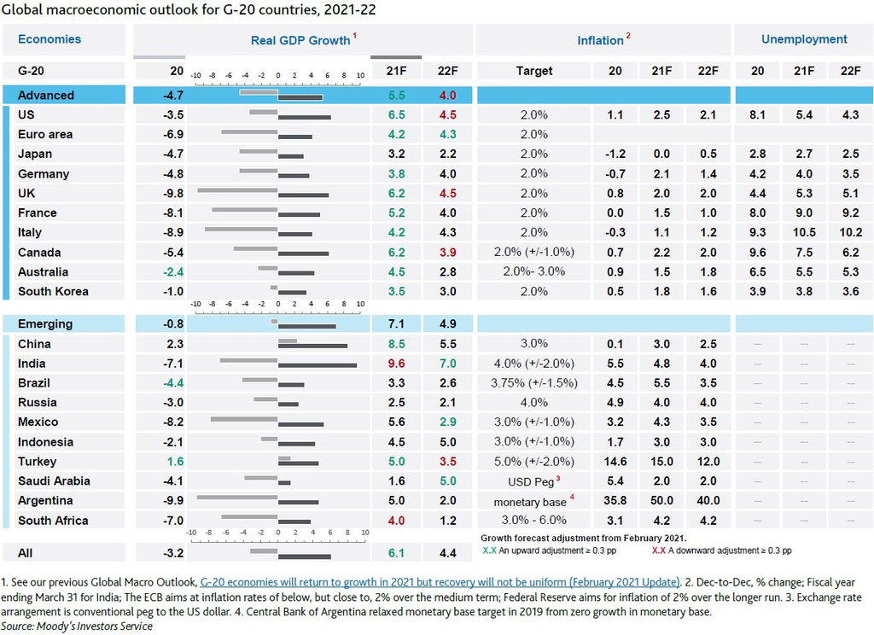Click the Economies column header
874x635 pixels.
coord(49,39)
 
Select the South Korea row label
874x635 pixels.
coord(53,292)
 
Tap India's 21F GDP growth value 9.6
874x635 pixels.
coord(396,364)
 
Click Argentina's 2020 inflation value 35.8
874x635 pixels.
coord(615,501)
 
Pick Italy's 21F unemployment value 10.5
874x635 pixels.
coord(804,232)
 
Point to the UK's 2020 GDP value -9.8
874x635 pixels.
coord(172,194)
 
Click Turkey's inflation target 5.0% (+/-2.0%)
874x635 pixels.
coord(534,462)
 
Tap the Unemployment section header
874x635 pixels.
coord(804,39)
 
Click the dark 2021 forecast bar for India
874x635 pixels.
coord(318,366)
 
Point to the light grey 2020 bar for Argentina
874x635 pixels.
coord(237,497)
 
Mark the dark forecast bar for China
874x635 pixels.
coord(312,347)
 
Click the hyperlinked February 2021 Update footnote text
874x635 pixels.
coord(440,582)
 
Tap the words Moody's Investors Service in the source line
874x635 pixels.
coord(94,626)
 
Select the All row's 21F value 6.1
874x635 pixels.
coord(396,553)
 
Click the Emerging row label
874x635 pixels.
coord(45,324)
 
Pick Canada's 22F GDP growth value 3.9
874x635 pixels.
coord(447,253)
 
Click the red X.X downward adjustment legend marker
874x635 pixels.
coord(659,551)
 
